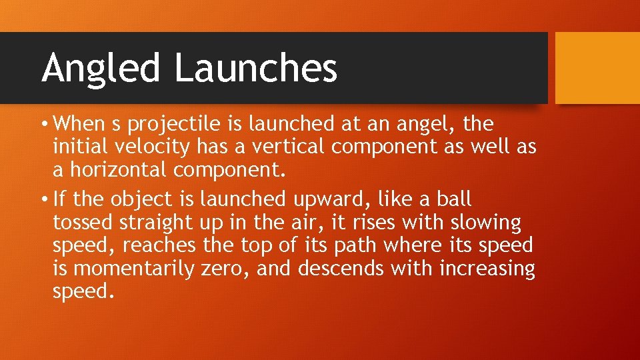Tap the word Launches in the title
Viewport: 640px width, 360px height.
(x=256, y=67)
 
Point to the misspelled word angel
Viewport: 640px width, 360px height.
(x=417, y=125)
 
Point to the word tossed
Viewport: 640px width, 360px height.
(x=79, y=223)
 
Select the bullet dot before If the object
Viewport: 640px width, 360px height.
(x=45, y=199)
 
